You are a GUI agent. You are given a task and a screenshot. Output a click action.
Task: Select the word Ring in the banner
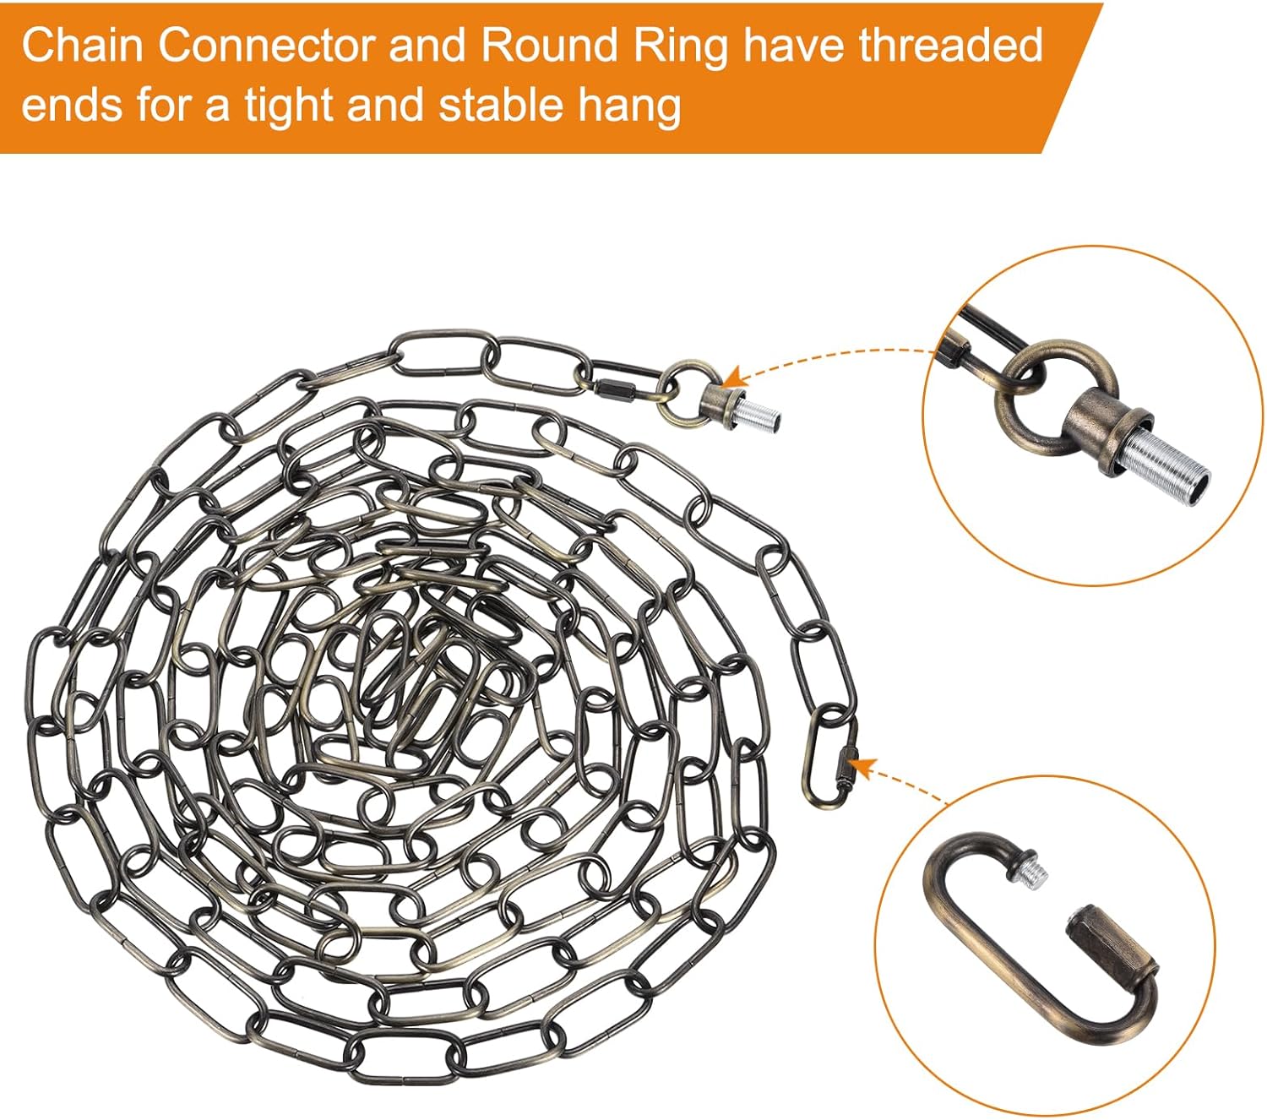681,46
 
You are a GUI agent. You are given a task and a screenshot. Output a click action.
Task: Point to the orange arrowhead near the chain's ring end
731,377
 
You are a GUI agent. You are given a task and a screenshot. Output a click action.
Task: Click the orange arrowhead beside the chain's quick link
861,767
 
